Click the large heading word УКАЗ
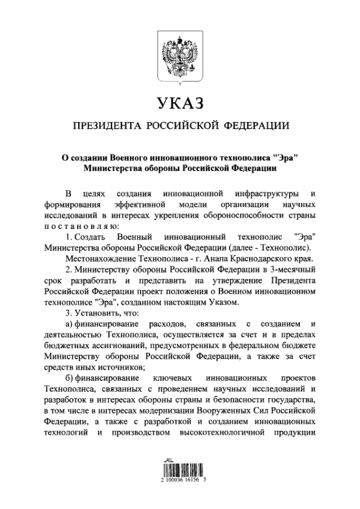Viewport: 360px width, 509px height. [x=180, y=103]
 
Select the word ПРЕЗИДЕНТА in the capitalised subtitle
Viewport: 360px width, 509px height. [x=107, y=126]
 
